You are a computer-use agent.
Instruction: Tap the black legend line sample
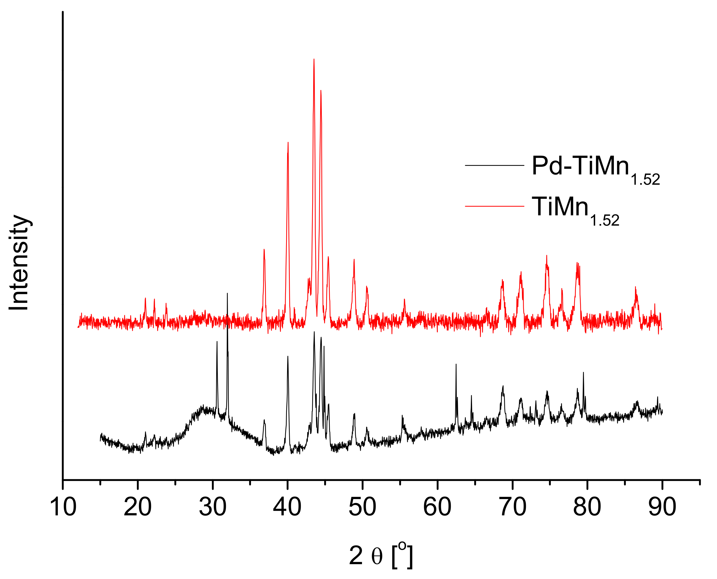495,165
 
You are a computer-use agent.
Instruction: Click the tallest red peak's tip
314,59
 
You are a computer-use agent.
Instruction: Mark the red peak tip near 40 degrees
288,142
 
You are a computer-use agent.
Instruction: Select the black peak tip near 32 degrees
228,294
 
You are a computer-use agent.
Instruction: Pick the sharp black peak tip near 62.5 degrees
456,364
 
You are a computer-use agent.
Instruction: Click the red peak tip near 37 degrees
264,250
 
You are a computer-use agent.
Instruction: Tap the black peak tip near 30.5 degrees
217,341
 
